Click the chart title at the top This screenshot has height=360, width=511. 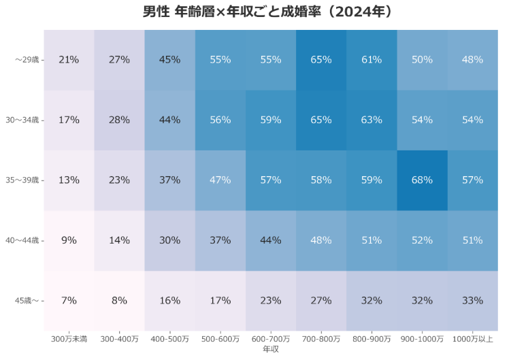267,12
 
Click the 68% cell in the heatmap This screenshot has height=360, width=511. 422,180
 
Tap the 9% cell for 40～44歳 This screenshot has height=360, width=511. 69,241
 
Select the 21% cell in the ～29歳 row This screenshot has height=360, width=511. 69,60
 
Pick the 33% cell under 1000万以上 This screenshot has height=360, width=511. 472,301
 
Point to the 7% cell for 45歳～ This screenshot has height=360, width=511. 69,301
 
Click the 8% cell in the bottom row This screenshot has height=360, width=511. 120,301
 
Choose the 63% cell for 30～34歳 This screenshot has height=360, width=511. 372,120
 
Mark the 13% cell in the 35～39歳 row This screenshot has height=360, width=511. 69,180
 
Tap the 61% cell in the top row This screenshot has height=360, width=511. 372,60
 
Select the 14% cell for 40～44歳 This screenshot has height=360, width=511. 120,241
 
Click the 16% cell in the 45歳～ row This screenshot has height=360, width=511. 170,301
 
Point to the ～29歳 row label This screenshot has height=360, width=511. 27,60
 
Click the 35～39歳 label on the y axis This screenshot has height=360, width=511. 22,180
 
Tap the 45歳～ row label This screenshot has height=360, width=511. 27,301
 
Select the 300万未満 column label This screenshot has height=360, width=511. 69,339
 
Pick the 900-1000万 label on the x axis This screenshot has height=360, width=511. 422,339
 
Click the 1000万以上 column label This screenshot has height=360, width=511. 472,339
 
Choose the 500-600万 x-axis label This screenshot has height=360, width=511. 220,339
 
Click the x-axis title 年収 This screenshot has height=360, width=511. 271,349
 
